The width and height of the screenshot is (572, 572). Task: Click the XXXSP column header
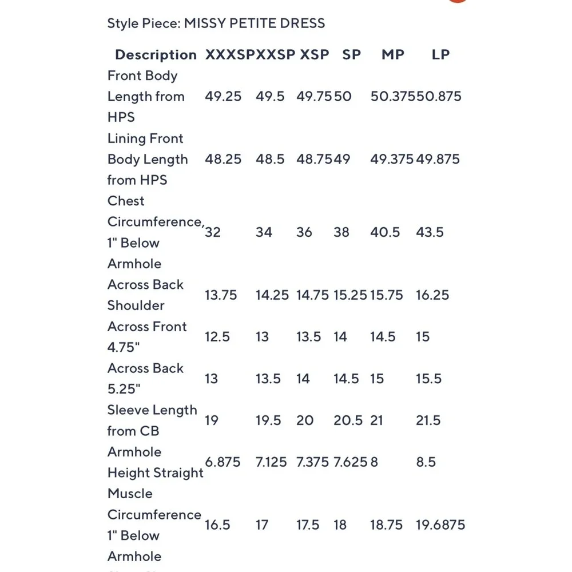pyautogui.click(x=229, y=55)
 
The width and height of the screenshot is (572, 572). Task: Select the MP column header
pyautogui.click(x=393, y=55)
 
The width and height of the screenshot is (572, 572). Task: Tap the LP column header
pyautogui.click(x=440, y=55)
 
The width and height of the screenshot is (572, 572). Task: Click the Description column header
pyautogui.click(x=156, y=55)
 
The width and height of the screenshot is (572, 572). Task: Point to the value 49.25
pyautogui.click(x=223, y=96)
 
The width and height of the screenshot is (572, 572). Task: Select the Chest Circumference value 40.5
pyautogui.click(x=384, y=232)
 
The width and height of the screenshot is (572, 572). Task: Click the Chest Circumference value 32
pyautogui.click(x=213, y=232)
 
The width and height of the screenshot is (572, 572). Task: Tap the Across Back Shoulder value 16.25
pyautogui.click(x=432, y=295)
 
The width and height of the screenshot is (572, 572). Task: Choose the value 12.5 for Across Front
pyautogui.click(x=217, y=337)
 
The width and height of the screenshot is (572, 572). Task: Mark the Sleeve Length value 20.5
pyautogui.click(x=348, y=420)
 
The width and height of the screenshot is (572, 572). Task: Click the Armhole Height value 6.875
pyautogui.click(x=223, y=462)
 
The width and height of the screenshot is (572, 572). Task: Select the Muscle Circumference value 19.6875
pyautogui.click(x=440, y=525)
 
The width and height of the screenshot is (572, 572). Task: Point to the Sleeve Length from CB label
pyautogui.click(x=152, y=420)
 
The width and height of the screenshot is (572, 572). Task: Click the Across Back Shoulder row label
pyautogui.click(x=146, y=295)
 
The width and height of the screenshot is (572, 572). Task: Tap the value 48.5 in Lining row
pyautogui.click(x=270, y=159)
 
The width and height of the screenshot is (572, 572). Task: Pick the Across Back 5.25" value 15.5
pyautogui.click(x=429, y=379)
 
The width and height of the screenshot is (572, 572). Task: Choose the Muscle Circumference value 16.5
pyautogui.click(x=217, y=525)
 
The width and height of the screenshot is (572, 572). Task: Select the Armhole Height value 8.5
pyautogui.click(x=426, y=462)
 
